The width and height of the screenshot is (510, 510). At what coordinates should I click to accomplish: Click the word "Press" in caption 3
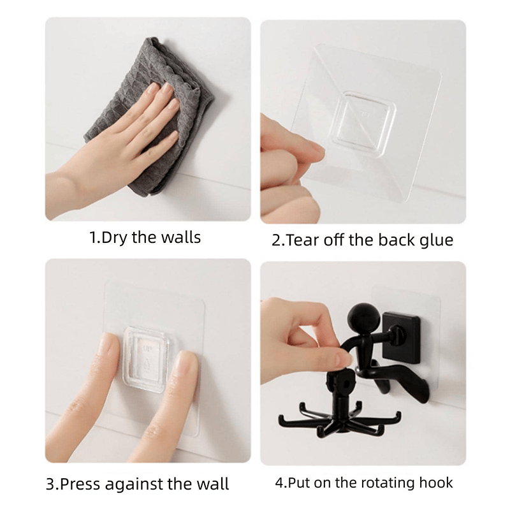pyautogui.click(x=80, y=484)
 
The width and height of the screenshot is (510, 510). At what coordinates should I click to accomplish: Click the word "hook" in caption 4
pyautogui.click(x=436, y=483)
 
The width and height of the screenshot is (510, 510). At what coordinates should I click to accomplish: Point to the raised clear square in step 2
pyautogui.click(x=362, y=123)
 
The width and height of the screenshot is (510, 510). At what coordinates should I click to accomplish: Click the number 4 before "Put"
pyautogui.click(x=279, y=483)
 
